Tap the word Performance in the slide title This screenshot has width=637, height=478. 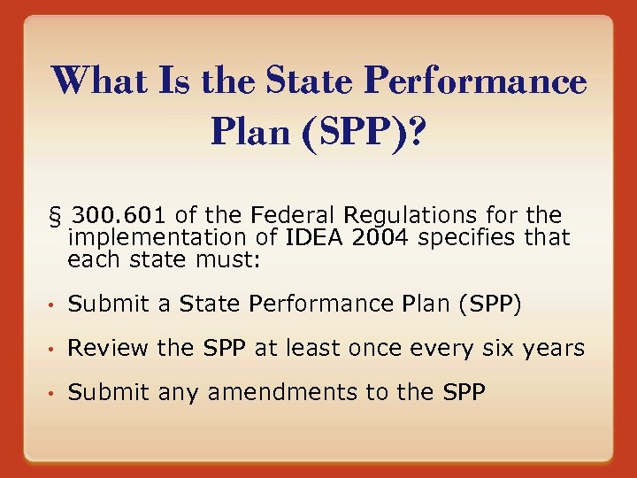coord(476,82)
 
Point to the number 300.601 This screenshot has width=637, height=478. coord(120,215)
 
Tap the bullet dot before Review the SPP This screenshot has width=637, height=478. coord(52,350)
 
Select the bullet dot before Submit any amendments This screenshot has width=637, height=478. coord(52,393)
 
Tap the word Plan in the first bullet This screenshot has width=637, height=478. coord(421,305)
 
